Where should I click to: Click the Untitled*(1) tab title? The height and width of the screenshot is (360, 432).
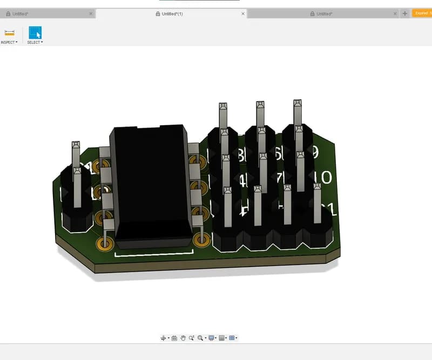(x=172, y=13)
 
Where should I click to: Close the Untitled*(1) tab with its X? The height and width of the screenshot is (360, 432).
(x=242, y=13)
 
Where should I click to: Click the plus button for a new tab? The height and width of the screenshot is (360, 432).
(x=405, y=13)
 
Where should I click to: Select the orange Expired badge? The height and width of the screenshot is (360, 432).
(x=422, y=13)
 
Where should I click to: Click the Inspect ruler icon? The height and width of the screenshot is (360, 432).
(x=9, y=33)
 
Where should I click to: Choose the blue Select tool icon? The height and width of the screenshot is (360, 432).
(x=35, y=32)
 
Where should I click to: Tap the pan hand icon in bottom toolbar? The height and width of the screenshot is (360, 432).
(x=183, y=338)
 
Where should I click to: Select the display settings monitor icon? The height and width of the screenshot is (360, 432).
(x=211, y=338)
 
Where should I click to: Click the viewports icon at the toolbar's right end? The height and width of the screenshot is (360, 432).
(x=232, y=338)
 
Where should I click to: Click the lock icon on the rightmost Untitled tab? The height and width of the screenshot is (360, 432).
(x=313, y=13)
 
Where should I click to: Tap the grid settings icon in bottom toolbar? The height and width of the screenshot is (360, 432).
(x=221, y=338)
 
